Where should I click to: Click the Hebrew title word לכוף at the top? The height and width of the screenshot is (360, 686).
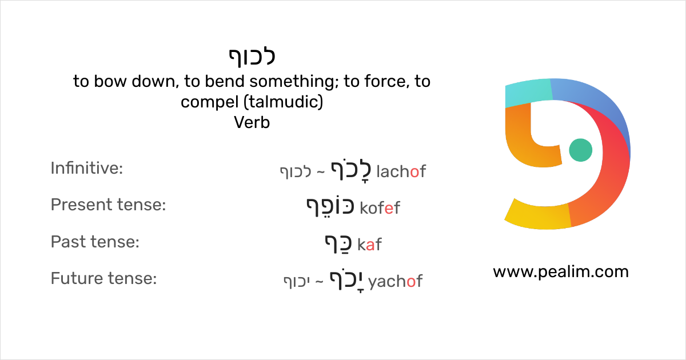(x=252, y=56)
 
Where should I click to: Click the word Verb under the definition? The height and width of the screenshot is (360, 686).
(x=252, y=122)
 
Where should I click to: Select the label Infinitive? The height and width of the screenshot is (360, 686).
(x=87, y=168)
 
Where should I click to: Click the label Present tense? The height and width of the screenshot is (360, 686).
(x=108, y=205)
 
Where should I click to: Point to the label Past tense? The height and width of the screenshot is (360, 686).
(x=95, y=242)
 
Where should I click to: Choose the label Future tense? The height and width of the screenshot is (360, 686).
(x=103, y=279)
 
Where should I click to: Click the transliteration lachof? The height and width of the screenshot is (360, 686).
(x=401, y=171)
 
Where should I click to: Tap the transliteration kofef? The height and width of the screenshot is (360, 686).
(x=380, y=208)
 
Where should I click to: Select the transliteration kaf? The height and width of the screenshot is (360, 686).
(x=369, y=245)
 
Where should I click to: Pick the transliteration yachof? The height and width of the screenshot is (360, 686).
(x=395, y=282)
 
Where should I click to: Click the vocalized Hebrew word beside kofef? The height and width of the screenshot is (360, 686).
(x=330, y=207)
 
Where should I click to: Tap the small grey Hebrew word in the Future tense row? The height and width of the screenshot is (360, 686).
(x=297, y=282)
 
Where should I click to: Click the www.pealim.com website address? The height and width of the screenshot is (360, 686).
(x=560, y=271)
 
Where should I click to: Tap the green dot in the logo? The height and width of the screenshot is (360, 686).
(x=581, y=150)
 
